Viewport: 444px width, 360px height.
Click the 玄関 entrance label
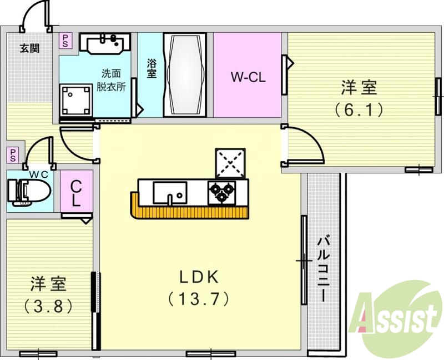(30, 48)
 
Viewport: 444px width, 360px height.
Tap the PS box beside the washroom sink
(65, 41)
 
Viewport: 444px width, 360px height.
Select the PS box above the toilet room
(13, 154)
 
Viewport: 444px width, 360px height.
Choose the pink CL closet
(77, 192)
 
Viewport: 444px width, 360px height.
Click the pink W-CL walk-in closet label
(248, 77)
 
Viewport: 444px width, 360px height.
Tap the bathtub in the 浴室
(185, 74)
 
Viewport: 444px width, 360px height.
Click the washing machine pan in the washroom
(75, 100)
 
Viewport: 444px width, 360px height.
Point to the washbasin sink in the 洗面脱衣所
(105, 42)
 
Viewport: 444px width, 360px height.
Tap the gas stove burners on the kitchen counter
(221, 191)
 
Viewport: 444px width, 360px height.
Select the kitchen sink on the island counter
(169, 192)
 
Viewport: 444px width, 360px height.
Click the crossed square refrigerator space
(230, 162)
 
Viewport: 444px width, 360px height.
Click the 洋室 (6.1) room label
(359, 98)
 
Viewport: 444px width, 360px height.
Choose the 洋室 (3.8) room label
(49, 294)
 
